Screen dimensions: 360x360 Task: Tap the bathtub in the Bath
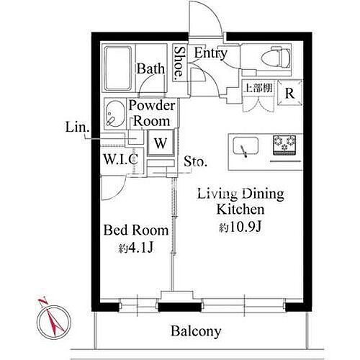pyautogui.click(x=118, y=68)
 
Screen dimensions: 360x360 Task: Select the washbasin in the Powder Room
pyautogui.click(x=114, y=113)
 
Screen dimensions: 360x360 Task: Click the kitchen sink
pyautogui.click(x=246, y=146)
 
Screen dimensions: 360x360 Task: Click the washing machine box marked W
pyautogui.click(x=161, y=143)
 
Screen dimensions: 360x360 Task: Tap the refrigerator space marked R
pyautogui.click(x=289, y=93)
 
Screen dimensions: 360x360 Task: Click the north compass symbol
pyautogui.click(x=53, y=319)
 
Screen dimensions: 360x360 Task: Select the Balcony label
pyautogui.click(x=196, y=331)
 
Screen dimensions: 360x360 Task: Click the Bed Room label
pyautogui.click(x=136, y=230)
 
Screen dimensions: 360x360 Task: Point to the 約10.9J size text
pyautogui.click(x=240, y=227)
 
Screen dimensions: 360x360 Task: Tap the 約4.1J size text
pyautogui.click(x=136, y=248)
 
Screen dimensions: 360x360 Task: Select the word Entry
pyautogui.click(x=210, y=53)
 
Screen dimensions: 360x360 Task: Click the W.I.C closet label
pyautogui.click(x=121, y=158)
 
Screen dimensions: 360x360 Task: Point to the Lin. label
pyautogui.click(x=77, y=127)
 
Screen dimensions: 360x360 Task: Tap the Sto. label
pyautogui.click(x=195, y=161)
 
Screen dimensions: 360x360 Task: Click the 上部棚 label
pyautogui.click(x=258, y=88)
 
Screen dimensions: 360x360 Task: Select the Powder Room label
pyautogui.click(x=152, y=113)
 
